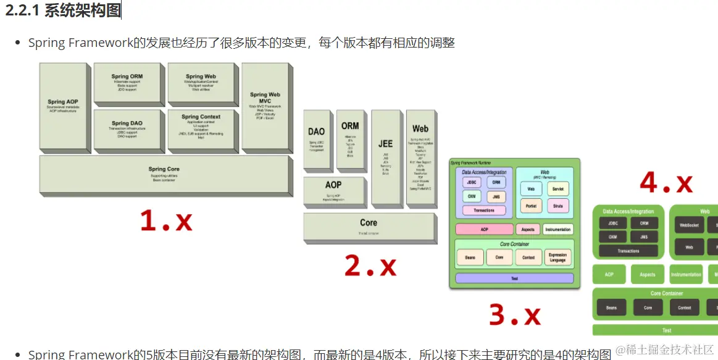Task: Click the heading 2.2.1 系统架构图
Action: [x=64, y=10]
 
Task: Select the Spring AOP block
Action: [x=63, y=106]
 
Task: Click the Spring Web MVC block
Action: [x=265, y=108]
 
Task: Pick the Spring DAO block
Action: [x=127, y=129]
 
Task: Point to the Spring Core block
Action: [x=164, y=174]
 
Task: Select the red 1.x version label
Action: [x=166, y=220]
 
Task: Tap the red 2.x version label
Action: [x=370, y=266]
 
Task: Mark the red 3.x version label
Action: [x=514, y=314]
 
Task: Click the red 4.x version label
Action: [x=666, y=183]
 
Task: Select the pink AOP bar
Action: [x=484, y=229]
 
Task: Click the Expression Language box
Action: [x=557, y=257]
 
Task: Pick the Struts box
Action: [x=557, y=206]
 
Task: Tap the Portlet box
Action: [x=530, y=206]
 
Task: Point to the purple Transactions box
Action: [x=484, y=211]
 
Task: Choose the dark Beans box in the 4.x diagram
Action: [x=611, y=308]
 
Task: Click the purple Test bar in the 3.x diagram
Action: [x=514, y=278]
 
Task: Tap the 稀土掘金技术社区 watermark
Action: [x=664, y=350]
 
